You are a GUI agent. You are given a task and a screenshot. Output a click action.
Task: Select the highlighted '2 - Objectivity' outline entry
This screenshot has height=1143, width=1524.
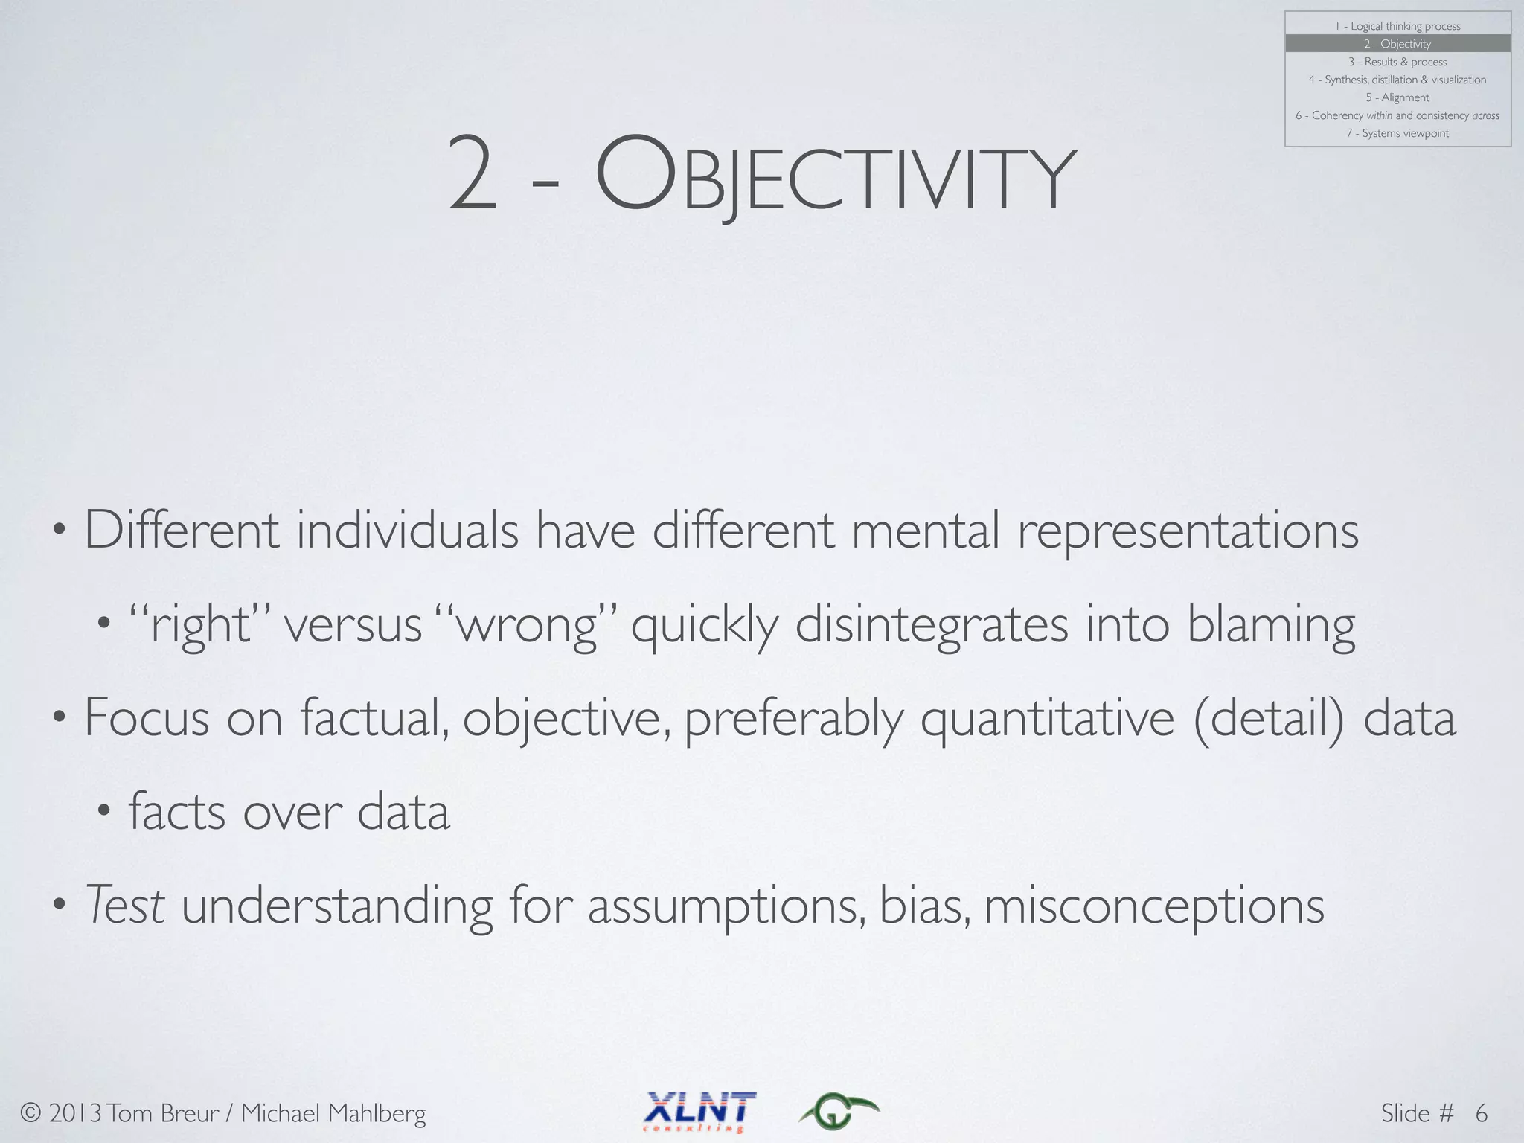pyautogui.click(x=1397, y=44)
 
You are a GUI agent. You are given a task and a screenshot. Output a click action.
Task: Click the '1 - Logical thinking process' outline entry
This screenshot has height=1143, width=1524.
pyautogui.click(x=1397, y=26)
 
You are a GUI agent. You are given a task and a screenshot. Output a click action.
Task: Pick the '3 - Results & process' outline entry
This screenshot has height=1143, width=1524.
pyautogui.click(x=1397, y=62)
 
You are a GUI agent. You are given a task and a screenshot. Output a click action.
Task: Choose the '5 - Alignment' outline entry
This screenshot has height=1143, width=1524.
pyautogui.click(x=1397, y=97)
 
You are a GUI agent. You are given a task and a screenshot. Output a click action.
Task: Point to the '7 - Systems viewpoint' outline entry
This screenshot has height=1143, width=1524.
pyautogui.click(x=1397, y=133)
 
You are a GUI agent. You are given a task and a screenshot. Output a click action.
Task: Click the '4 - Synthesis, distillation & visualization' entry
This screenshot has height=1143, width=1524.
pyautogui.click(x=1397, y=80)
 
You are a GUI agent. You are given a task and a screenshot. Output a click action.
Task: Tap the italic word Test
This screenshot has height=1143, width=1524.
pyautogui.click(x=125, y=906)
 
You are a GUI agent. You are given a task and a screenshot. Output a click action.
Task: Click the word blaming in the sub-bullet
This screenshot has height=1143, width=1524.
pyautogui.click(x=1271, y=626)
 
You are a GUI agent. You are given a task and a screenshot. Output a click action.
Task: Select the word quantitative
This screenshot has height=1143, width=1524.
pyautogui.click(x=1048, y=718)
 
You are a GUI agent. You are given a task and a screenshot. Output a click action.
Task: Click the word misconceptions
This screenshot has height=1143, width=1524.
pyautogui.click(x=1154, y=907)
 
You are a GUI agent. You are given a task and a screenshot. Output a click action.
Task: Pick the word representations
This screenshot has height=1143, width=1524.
pyautogui.click(x=1188, y=531)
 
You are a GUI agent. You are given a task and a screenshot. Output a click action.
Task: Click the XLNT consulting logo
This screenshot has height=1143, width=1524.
pyautogui.click(x=699, y=1111)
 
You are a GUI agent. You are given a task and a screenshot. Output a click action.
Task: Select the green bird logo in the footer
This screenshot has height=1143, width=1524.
pyautogui.click(x=839, y=1111)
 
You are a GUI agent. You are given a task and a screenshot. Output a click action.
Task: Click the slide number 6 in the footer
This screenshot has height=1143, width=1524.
pyautogui.click(x=1481, y=1113)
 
